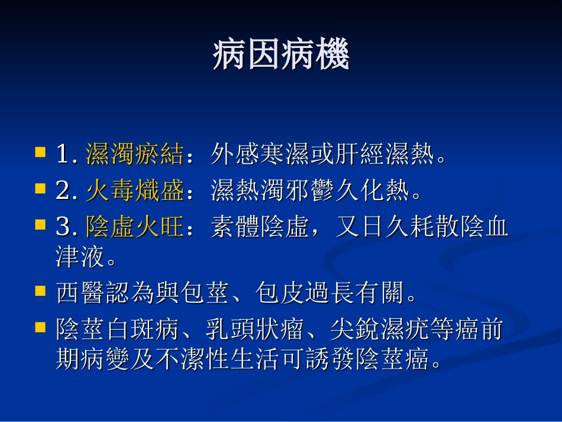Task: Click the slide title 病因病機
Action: tap(281, 56)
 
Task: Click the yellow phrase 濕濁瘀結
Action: tap(134, 155)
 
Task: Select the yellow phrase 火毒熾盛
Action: tap(134, 191)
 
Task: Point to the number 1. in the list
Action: tap(67, 156)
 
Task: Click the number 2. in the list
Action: tap(67, 192)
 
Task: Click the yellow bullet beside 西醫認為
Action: tap(40, 291)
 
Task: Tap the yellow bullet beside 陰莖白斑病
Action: tap(40, 327)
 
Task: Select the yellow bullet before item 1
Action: tap(40, 152)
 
